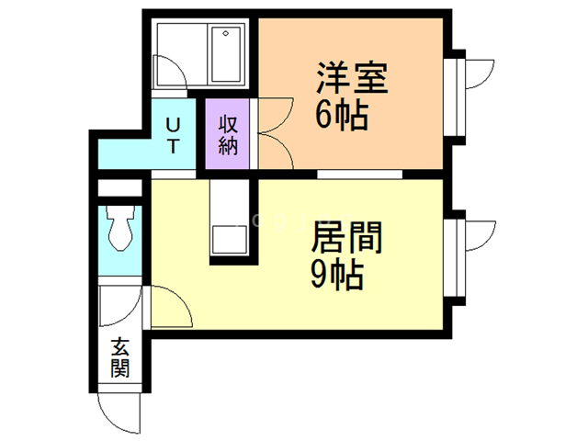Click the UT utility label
click(173, 135)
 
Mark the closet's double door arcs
click(276, 135)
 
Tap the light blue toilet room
click(119, 241)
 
